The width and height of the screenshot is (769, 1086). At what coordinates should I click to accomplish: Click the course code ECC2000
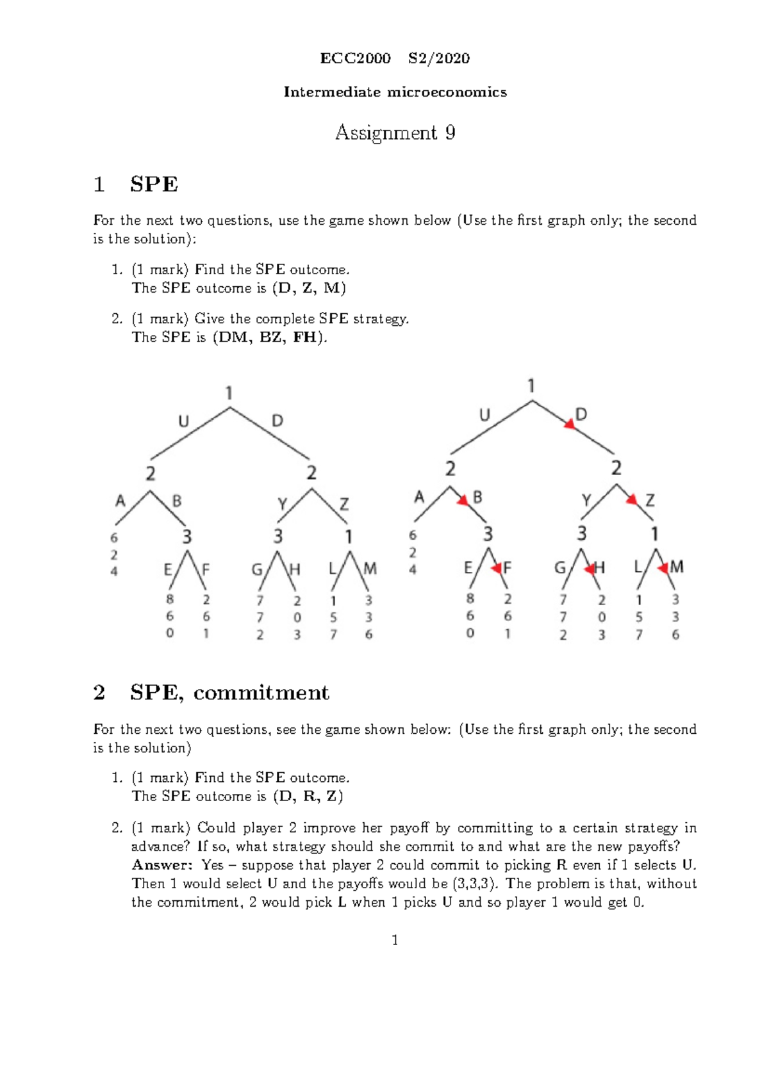click(x=355, y=58)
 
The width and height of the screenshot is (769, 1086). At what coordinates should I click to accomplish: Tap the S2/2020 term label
click(x=439, y=58)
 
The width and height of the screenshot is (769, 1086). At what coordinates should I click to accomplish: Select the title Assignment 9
click(x=395, y=133)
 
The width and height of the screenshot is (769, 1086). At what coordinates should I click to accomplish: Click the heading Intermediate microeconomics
click(x=395, y=92)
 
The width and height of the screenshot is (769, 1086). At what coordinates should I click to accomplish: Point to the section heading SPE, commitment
click(x=229, y=692)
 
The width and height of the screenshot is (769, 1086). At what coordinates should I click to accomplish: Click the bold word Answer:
click(x=161, y=865)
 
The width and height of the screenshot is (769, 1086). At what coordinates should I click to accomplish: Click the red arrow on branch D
click(x=568, y=423)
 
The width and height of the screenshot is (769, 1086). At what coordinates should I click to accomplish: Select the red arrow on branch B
click(x=463, y=501)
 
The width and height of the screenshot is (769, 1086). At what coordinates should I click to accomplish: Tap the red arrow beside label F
click(x=496, y=568)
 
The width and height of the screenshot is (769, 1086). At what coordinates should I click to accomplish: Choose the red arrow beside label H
click(x=590, y=568)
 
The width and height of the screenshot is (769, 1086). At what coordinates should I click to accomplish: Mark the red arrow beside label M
click(x=663, y=567)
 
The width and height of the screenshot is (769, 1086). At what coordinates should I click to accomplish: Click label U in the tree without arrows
click(x=184, y=421)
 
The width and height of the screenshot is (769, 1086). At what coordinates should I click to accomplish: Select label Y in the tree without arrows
click(x=283, y=504)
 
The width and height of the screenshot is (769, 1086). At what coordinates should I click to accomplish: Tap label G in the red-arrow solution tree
click(x=560, y=567)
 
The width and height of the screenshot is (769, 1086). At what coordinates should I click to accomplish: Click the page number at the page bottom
click(x=395, y=940)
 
